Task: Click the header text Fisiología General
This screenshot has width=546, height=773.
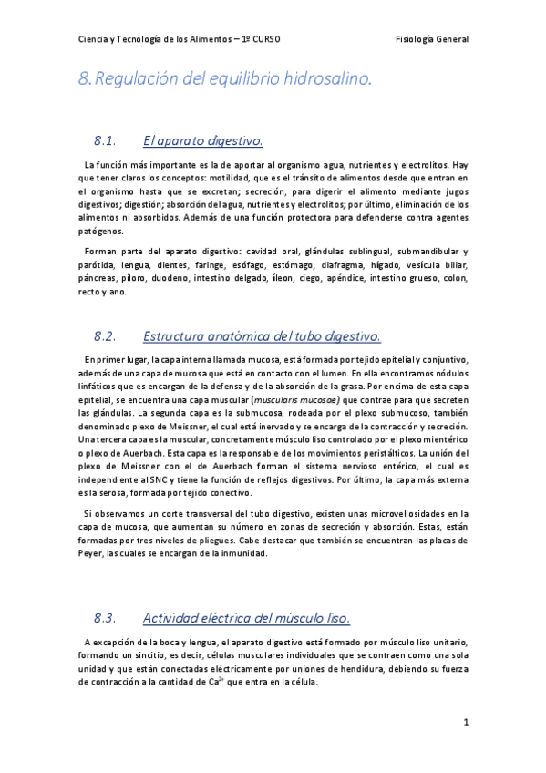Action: point(433,40)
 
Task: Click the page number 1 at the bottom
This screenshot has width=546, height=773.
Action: point(465,723)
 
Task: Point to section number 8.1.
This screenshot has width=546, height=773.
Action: point(108,141)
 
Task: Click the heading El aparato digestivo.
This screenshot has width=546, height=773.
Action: point(203,141)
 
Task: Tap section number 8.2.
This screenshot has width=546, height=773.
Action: point(108,336)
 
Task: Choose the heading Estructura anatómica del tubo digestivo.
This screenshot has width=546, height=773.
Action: point(262,336)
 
